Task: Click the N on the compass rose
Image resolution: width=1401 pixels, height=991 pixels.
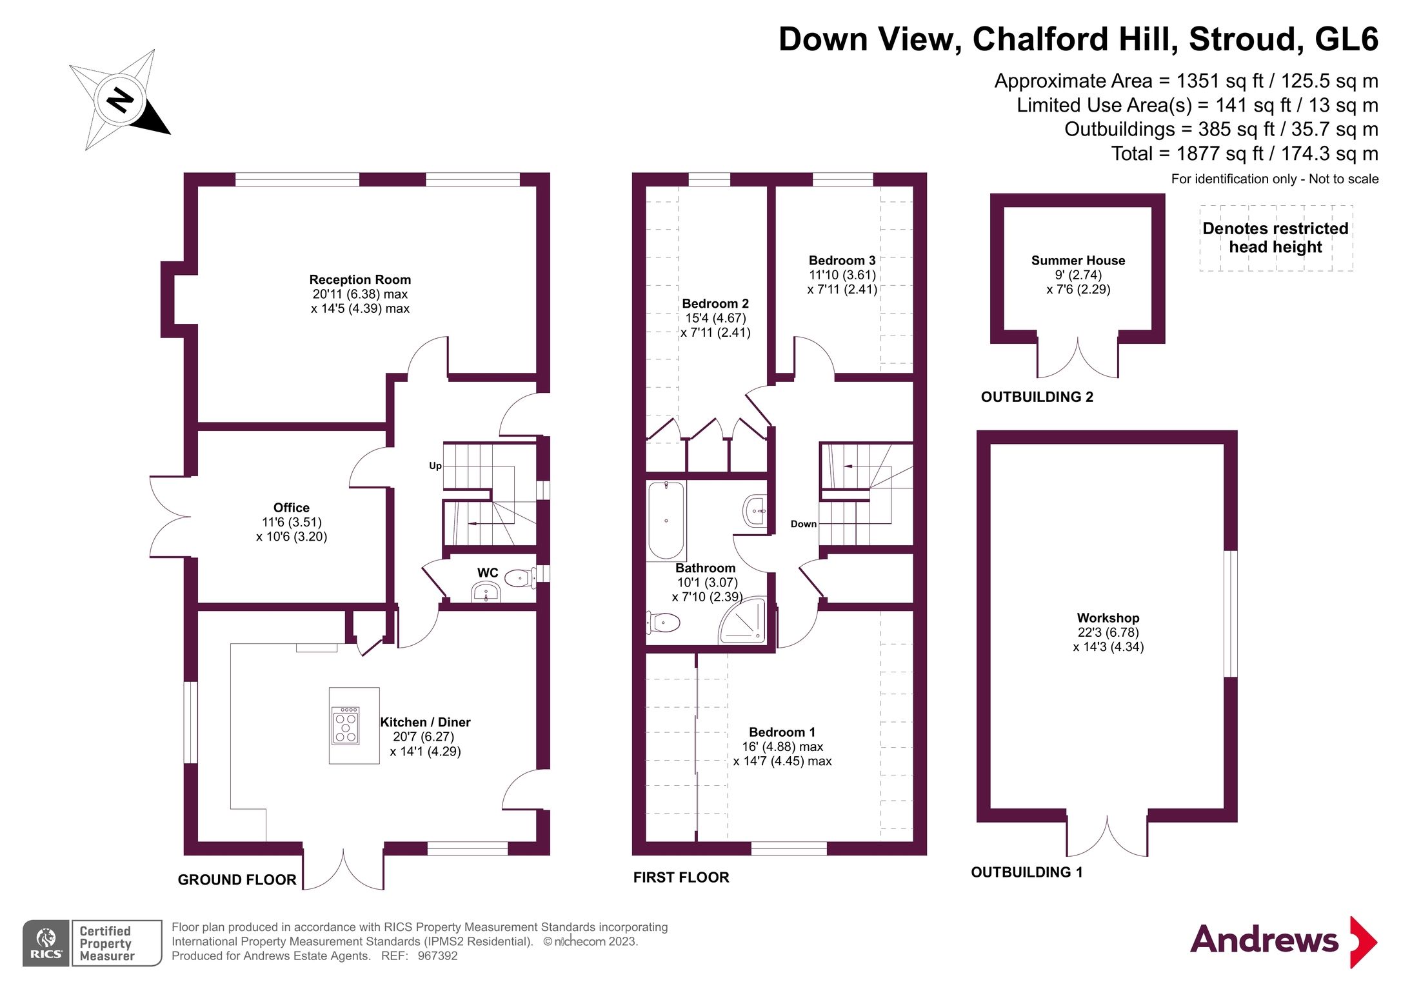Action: tap(120, 100)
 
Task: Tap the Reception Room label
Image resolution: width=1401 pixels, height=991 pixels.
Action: tap(360, 279)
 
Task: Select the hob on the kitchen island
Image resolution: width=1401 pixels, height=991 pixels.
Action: tap(345, 726)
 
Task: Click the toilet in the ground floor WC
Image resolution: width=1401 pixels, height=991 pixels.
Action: tap(519, 577)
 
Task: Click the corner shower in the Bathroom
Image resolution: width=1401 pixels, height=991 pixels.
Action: tap(744, 621)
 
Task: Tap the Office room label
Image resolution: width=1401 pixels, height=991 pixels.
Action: tap(291, 508)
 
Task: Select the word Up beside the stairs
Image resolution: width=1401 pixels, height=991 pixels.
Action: tap(435, 466)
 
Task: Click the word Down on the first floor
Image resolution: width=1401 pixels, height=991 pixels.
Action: tap(804, 524)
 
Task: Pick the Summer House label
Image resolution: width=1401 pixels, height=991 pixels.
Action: tap(1078, 261)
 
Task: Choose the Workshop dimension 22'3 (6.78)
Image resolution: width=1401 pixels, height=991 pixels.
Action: tap(1108, 632)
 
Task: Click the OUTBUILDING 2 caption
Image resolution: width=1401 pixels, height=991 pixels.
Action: tap(1037, 397)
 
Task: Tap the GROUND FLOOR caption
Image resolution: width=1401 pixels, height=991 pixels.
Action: tap(237, 879)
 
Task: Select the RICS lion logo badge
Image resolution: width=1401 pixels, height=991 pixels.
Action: tap(46, 943)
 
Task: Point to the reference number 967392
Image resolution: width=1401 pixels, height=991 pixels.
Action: tap(437, 956)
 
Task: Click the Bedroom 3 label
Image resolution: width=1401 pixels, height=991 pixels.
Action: tap(842, 261)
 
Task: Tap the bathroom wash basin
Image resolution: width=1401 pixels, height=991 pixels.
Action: tap(755, 512)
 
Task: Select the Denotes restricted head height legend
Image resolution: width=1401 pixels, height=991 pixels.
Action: tap(1275, 237)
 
